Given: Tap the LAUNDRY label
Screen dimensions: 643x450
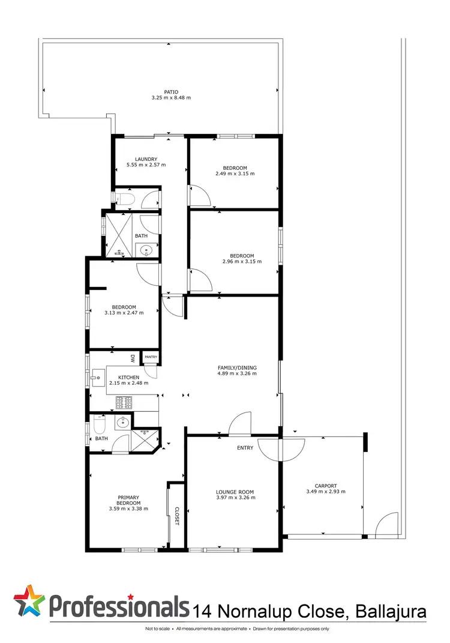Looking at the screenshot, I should pyautogui.click(x=146, y=159).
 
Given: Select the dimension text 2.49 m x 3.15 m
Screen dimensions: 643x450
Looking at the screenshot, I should pyautogui.click(x=235, y=174).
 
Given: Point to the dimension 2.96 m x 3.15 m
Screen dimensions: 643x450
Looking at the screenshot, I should pyautogui.click(x=235, y=261).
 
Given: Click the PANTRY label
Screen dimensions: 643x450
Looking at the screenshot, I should pyautogui.click(x=151, y=357).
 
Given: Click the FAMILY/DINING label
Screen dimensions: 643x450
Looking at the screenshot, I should pyautogui.click(x=236, y=367).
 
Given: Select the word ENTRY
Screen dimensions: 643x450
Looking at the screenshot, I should pyautogui.click(x=245, y=448).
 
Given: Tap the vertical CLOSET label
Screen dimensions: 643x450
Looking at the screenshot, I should pyautogui.click(x=177, y=516).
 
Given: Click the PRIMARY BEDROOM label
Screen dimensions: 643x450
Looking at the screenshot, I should pyautogui.click(x=128, y=500).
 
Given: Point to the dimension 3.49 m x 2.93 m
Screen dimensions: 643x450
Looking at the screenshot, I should pyautogui.click(x=326, y=492).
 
